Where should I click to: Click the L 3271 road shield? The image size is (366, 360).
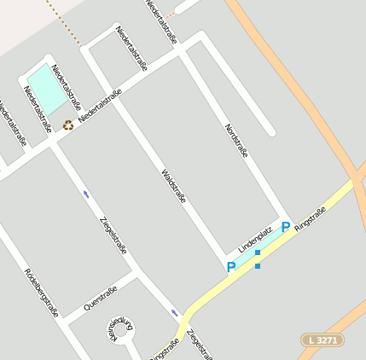coord(322,340)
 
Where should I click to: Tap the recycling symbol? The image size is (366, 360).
coord(67,125)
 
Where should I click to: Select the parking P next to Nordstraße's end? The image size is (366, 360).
coord(286,227)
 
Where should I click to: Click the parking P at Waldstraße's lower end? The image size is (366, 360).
coord(230,267)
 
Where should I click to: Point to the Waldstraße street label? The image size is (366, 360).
coord(173,186)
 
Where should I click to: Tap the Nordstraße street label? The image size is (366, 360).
coord(236,141)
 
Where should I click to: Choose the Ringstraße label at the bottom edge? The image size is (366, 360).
coord(164,350)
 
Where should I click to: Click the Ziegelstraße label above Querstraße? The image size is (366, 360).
coord(113,236)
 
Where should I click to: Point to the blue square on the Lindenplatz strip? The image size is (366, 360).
coord(258,253)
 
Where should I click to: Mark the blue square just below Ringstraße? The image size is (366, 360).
coord(258,266)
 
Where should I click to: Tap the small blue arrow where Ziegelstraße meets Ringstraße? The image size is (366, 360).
coord(175,313)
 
